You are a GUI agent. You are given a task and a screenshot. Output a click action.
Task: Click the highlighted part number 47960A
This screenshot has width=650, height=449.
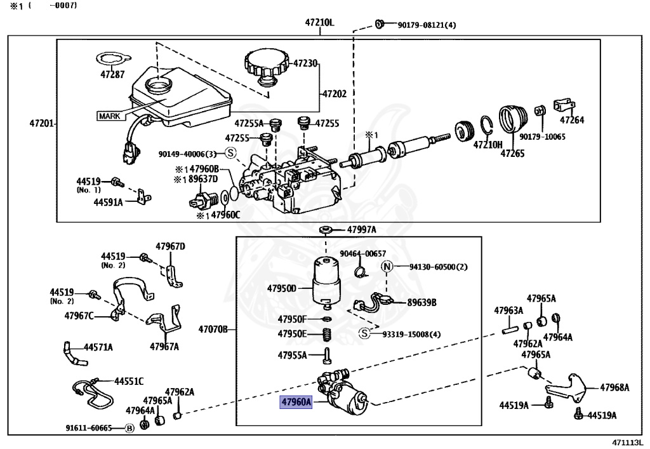coord(297,402)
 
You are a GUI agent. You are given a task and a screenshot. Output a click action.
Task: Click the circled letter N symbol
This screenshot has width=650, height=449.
coord(387,267)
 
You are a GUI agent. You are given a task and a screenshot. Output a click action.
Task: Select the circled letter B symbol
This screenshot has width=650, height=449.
coord(129,428)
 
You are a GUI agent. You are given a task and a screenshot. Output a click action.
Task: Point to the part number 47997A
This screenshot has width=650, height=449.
coord(361,229)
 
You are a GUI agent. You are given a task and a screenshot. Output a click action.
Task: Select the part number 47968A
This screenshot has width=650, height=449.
coord(615,387)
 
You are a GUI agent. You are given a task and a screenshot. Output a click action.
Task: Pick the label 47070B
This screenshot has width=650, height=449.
coord(213,330)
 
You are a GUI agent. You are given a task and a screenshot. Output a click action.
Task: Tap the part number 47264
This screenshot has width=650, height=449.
coord(571,120)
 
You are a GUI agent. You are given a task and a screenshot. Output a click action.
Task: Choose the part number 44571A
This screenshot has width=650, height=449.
coord(98,347)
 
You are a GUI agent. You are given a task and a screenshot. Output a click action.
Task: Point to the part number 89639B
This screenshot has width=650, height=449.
coord(421,302)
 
